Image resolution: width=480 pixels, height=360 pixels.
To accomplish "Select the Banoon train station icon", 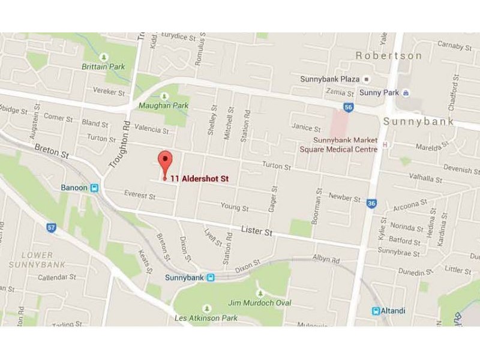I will (94, 188).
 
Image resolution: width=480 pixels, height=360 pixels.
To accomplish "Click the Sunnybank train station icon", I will (211, 278).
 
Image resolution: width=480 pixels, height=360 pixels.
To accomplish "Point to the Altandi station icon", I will (376, 311).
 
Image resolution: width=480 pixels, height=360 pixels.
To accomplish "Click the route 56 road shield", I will (349, 107).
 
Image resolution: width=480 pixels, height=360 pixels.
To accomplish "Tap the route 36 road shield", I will (372, 204).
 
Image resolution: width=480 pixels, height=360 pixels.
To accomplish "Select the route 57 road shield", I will (52, 227).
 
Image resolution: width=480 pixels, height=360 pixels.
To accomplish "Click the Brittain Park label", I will (103, 67).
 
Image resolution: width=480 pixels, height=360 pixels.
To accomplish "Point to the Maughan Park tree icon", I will (164, 96).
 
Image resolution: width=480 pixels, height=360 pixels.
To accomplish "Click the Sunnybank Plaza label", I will (330, 79).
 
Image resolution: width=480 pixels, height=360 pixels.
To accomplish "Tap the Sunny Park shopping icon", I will (406, 92).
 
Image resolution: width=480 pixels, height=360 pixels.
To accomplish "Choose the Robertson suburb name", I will (389, 55).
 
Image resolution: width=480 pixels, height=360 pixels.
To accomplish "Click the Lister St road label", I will (256, 231).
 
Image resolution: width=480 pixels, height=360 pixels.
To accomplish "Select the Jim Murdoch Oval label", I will (260, 303).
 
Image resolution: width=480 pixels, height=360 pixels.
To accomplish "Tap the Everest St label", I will (140, 194).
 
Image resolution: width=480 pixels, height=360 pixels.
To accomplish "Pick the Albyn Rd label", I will (326, 260).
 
